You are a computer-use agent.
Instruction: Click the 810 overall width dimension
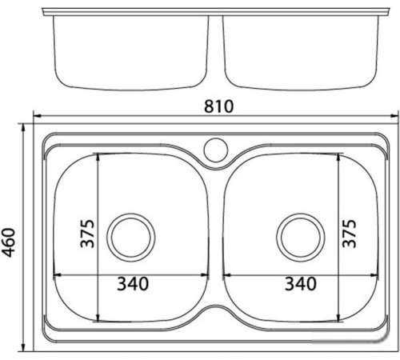[x=218, y=106]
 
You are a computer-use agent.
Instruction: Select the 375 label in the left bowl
[x=87, y=234]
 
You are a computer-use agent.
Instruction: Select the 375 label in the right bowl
[x=349, y=234]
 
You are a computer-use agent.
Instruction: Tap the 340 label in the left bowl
[x=133, y=284]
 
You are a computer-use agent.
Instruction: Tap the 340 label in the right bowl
[x=301, y=284]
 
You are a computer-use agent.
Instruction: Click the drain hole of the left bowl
[x=131, y=238]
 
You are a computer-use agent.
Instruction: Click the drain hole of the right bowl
[x=301, y=238]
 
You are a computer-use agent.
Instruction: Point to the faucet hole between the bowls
[x=216, y=150]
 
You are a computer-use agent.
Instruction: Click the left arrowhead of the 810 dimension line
[x=37, y=116]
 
